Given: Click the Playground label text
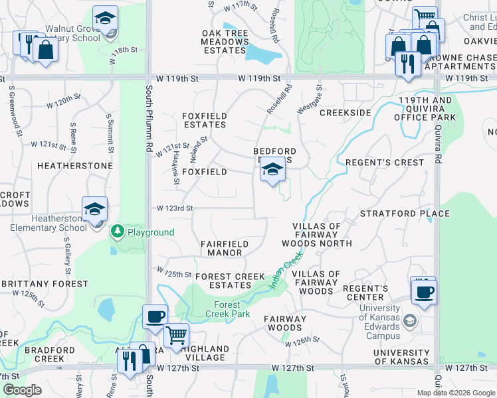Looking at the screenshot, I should click(x=151, y=232).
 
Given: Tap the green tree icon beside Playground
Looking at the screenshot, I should click(x=118, y=232).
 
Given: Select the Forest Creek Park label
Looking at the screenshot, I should click(x=223, y=309).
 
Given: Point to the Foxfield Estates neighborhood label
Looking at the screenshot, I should click(x=205, y=120).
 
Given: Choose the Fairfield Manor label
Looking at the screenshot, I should click(x=225, y=248).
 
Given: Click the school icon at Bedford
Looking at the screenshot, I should click(x=272, y=170).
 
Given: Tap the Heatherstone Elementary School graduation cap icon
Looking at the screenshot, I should click(x=95, y=209).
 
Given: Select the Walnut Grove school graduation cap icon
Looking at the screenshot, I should click(x=105, y=19).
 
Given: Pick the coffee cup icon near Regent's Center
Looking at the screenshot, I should click(x=423, y=291).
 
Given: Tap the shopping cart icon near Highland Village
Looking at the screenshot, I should click(x=176, y=336).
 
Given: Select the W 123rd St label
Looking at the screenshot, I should click(x=175, y=208).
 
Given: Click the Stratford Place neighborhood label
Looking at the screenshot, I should click(x=405, y=214).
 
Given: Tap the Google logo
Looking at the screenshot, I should click(x=22, y=390).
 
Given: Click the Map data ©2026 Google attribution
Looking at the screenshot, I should click(x=456, y=393).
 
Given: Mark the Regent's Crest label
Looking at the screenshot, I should click(x=385, y=163).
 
